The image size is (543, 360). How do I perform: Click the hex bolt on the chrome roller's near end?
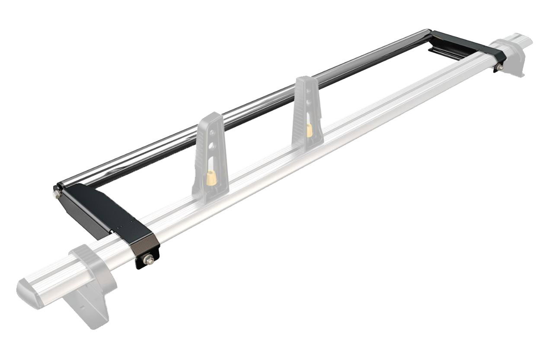pyautogui.click(x=57, y=193)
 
